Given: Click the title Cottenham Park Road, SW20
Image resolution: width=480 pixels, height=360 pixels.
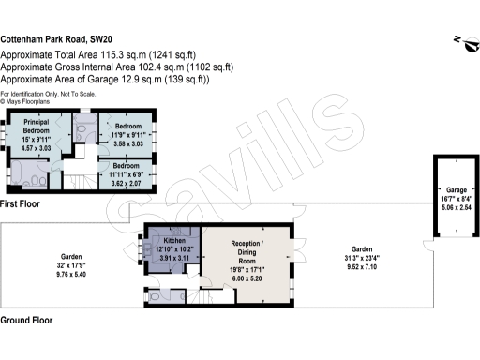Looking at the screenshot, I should (56, 40).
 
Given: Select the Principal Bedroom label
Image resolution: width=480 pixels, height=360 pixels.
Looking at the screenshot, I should (37, 126).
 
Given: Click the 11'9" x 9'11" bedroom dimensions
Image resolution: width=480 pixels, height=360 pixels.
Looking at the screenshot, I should (128, 135).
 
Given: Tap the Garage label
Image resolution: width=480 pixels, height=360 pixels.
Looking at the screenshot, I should (456, 188).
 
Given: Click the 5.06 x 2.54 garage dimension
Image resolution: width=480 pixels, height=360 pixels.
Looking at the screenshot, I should (456, 206).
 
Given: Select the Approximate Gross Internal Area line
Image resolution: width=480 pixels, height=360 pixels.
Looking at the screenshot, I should (116, 67).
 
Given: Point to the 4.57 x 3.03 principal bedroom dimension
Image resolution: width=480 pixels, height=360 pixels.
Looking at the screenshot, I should (37, 148).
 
